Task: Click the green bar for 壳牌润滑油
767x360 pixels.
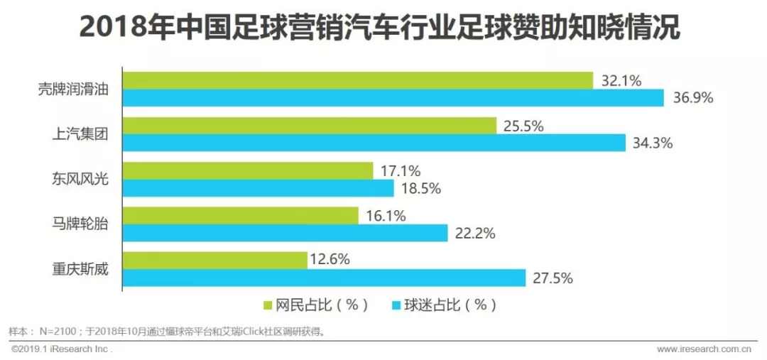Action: pyautogui.click(x=358, y=80)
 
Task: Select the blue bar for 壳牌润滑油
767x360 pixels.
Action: pyautogui.click(x=393, y=98)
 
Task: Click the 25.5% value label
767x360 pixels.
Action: pyautogui.click(x=523, y=126)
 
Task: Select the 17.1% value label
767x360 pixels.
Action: pyautogui.click(x=400, y=171)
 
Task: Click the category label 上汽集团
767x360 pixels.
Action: pyautogui.click(x=81, y=134)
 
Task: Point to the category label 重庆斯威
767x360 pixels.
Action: pyautogui.click(x=81, y=269)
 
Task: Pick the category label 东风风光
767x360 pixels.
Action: pyautogui.click(x=81, y=180)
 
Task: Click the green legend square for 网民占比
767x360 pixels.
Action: pyautogui.click(x=268, y=306)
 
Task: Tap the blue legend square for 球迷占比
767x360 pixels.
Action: pyautogui.click(x=396, y=306)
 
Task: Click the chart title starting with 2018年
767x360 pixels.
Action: pyautogui.click(x=380, y=27)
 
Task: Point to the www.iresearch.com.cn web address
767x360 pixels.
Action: pyautogui.click(x=704, y=349)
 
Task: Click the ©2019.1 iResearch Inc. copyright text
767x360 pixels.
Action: pyautogui.click(x=61, y=349)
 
